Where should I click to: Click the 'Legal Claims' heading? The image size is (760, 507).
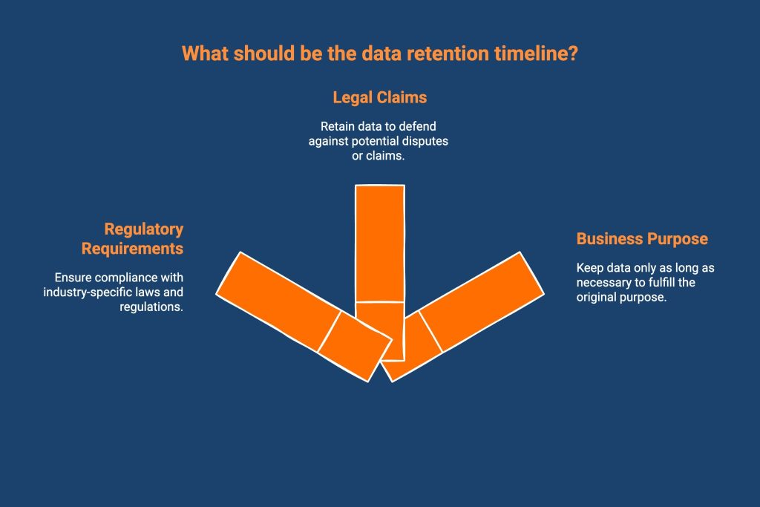pos(379,97)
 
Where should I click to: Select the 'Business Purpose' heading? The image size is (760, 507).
pos(642,239)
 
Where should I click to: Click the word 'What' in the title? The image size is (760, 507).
pos(203,54)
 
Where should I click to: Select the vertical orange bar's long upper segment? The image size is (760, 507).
pos(380,243)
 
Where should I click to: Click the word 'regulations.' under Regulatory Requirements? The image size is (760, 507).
pos(151,307)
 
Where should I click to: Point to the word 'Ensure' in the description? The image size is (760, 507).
pos(72,278)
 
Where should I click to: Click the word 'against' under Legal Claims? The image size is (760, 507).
pos(328,140)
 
